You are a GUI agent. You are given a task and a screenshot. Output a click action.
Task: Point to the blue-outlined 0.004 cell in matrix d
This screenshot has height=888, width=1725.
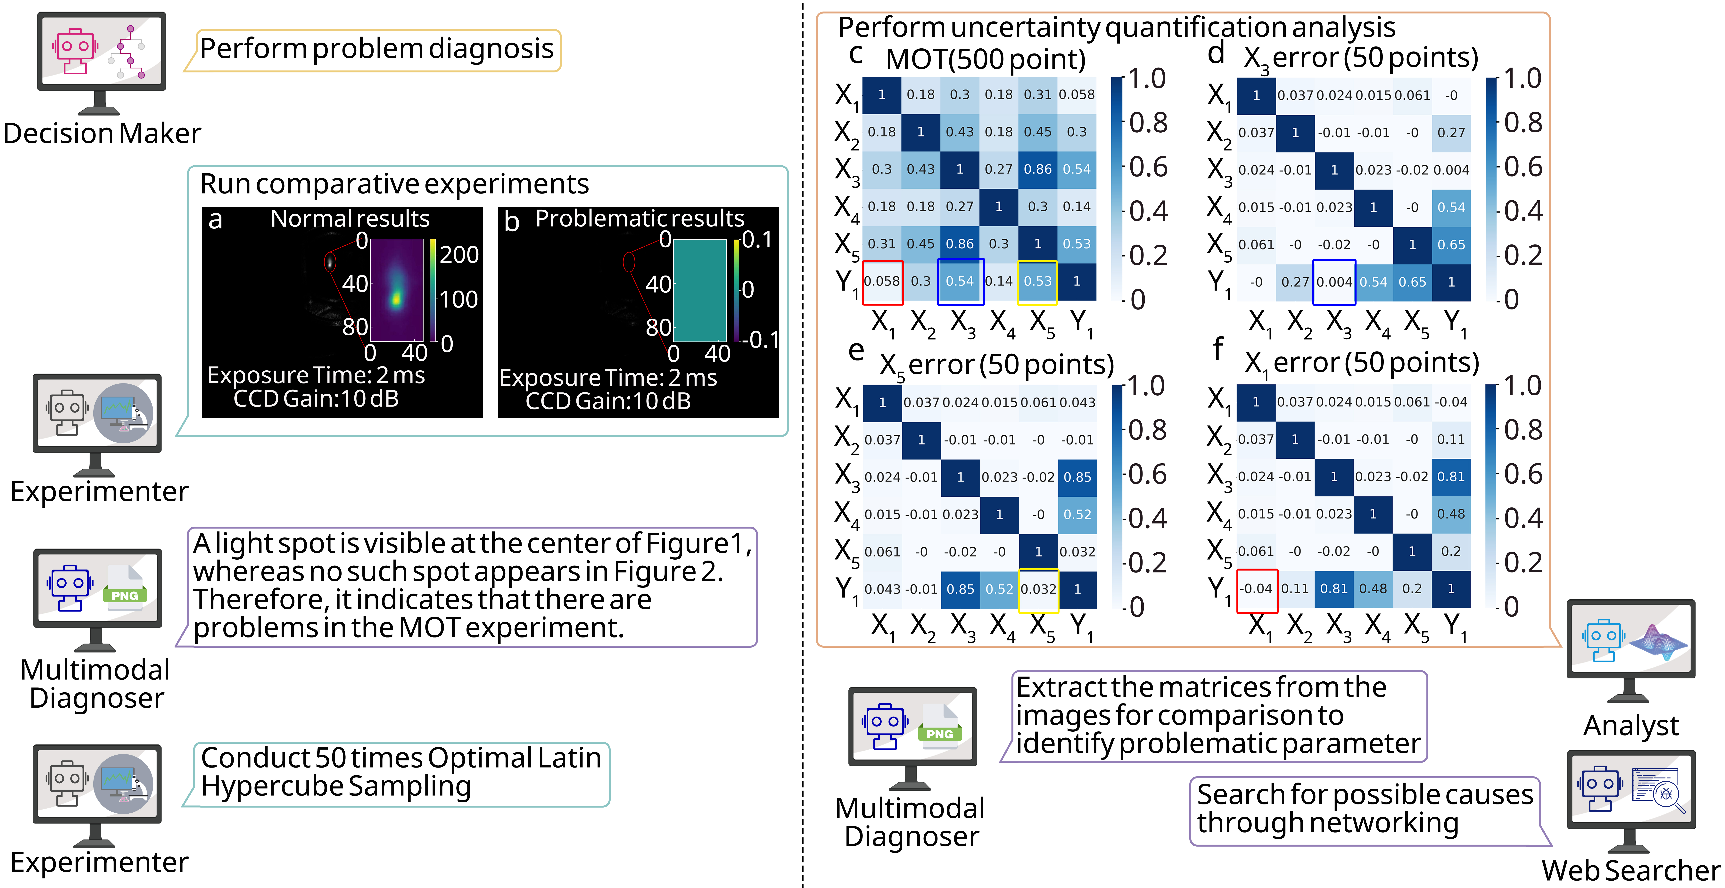[1334, 282]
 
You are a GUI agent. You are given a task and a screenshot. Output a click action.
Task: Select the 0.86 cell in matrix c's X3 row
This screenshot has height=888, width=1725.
[1037, 169]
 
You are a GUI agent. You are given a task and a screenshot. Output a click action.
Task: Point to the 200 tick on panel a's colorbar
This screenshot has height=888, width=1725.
[459, 254]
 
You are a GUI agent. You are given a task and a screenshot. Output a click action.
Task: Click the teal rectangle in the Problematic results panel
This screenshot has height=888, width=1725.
[700, 290]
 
